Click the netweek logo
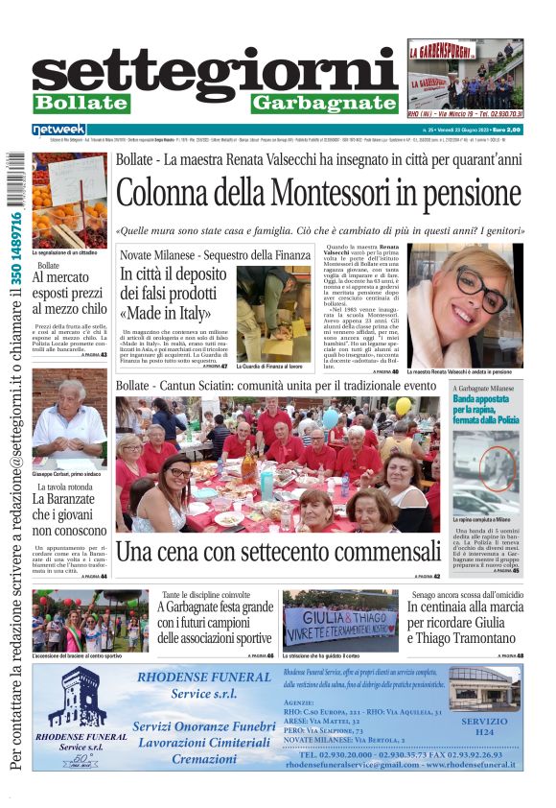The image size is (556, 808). tap(59, 130)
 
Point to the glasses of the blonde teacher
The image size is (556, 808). tap(480, 289)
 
